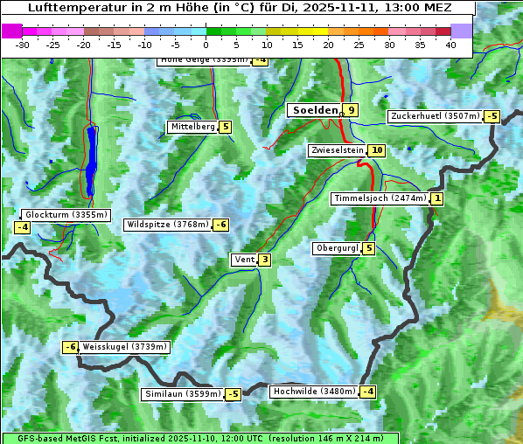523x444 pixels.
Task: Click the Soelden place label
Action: coord(314,110)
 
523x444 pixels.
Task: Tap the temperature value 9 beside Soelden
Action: coord(351,110)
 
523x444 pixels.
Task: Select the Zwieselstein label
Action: coord(337,150)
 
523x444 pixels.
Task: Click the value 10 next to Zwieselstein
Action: coord(376,150)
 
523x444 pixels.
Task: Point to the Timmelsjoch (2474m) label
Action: coord(380,198)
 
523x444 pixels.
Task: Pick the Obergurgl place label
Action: coord(337,248)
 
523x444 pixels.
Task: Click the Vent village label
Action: coord(243,260)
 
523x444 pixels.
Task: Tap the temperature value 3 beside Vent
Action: coord(264,260)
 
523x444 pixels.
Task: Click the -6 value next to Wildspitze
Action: coord(221,225)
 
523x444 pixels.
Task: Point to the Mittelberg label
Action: coord(192,127)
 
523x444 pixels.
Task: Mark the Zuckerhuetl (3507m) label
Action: coord(435,115)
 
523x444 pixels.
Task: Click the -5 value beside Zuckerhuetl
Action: coord(492,116)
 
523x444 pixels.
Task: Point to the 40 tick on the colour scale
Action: coord(450,45)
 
